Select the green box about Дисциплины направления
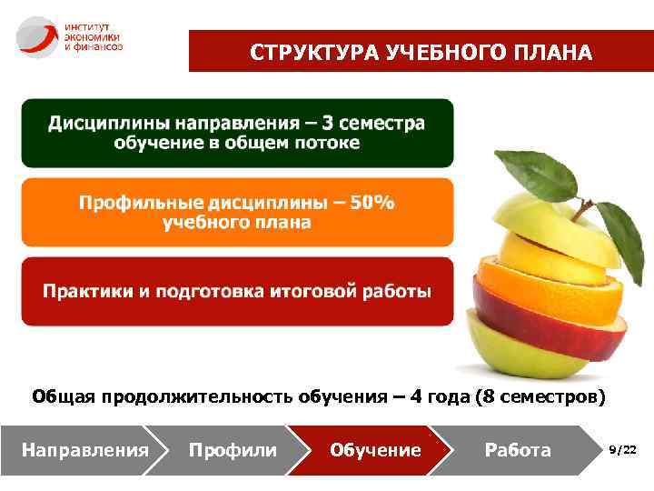237,133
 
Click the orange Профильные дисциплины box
237,212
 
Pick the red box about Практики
237,291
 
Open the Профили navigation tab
233,449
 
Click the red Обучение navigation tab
375,449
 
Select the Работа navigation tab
518,449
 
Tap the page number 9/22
622,449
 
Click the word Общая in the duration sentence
64,396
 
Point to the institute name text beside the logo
92,37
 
